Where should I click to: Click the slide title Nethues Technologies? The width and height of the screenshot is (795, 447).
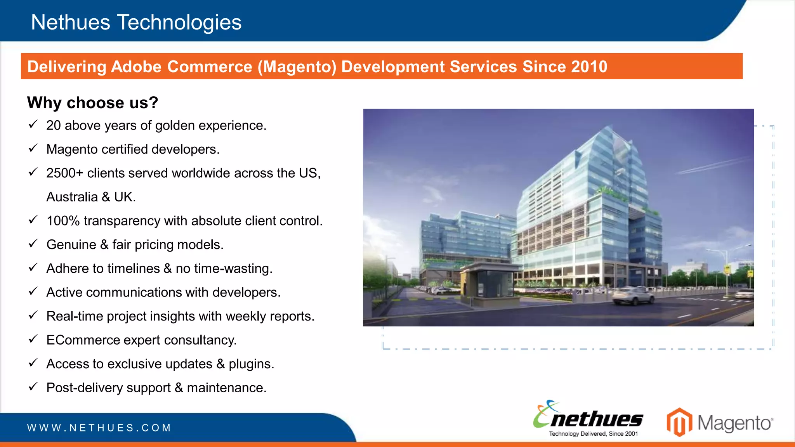[136, 22]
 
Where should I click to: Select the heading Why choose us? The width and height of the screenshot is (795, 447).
[92, 103]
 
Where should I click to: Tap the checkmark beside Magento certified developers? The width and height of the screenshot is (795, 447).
[33, 148]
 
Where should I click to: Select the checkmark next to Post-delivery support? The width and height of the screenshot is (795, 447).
[33, 386]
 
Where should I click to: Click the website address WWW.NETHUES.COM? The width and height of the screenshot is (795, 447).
[99, 428]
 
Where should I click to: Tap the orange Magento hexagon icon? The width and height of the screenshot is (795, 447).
[679, 422]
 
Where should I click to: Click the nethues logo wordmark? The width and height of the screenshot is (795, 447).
[596, 419]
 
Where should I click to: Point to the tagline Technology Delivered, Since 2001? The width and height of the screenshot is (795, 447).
[593, 434]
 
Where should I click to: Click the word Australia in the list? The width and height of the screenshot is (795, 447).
[72, 197]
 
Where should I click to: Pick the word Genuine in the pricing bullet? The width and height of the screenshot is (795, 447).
[71, 245]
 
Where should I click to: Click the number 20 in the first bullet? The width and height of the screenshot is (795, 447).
[54, 125]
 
